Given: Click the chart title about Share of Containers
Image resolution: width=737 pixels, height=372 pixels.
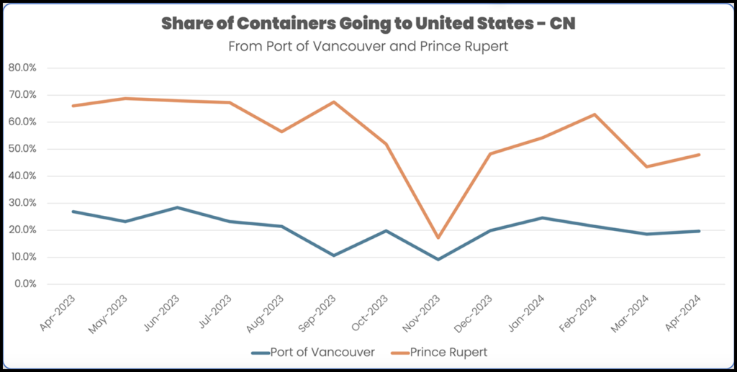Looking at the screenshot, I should point(368,24).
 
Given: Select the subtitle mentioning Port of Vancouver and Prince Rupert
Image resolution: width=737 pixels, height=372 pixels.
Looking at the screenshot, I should point(368,46).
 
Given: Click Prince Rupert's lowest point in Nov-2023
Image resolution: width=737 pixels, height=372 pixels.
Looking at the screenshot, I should point(438,237).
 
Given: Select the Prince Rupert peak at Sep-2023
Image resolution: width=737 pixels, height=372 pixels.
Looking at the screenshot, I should point(334,102).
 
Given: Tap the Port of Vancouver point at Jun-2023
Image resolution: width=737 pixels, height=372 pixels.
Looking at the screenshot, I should point(177,207).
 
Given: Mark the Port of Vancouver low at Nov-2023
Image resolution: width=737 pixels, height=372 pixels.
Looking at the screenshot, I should point(438,259).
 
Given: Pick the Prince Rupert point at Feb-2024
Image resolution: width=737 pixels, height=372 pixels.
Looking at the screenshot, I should point(594,114).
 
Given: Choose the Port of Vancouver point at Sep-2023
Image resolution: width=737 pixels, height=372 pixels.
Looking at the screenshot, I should point(334,255).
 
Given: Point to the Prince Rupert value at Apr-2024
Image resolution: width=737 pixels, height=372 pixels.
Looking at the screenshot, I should point(699,155).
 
